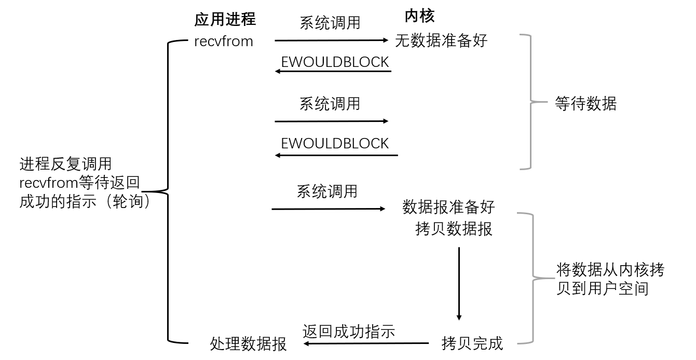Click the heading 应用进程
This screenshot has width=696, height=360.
[225, 20]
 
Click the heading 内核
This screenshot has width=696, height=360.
[419, 16]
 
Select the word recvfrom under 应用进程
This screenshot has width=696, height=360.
[224, 41]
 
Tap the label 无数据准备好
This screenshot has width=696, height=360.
[441, 40]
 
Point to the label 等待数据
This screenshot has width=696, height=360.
[585, 104]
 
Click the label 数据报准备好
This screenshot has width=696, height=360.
[448, 207]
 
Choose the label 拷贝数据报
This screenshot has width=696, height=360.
[454, 229]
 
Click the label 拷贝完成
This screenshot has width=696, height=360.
[472, 343]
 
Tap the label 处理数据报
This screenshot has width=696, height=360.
[248, 343]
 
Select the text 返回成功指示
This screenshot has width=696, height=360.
[348, 331]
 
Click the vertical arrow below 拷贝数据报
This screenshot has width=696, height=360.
[459, 283]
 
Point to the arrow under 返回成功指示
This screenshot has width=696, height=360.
[366, 343]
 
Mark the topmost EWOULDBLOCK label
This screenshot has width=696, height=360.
[335, 62]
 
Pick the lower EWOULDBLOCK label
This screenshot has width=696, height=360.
[335, 143]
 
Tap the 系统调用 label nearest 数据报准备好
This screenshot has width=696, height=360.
[327, 191]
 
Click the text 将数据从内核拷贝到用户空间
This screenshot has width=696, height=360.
[610, 279]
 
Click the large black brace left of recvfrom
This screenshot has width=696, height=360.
[168, 191]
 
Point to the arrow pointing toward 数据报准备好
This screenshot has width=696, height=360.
[329, 209]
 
